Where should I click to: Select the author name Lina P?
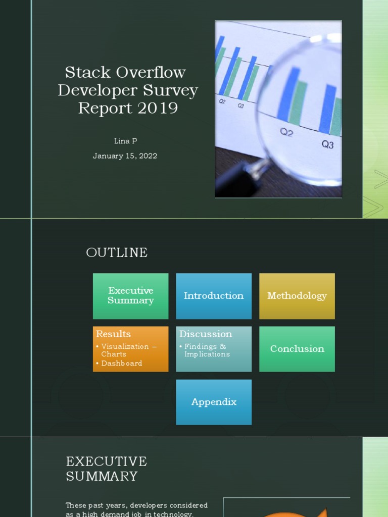point(125,141)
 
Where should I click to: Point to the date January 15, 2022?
point(125,156)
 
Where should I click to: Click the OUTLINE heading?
point(117,252)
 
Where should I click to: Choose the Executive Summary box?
point(130,296)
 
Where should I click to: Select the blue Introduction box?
point(214,296)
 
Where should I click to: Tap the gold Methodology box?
point(297,296)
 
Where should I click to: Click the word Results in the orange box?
point(113,334)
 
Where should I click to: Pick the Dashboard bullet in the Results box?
point(121,364)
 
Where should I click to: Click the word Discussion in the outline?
point(206,334)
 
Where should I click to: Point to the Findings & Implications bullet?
point(207,350)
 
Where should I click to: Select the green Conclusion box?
point(297,349)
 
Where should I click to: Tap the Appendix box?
point(214,402)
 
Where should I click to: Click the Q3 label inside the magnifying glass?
point(327,145)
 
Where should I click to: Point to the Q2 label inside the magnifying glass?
point(286,132)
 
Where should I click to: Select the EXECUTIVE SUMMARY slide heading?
point(107,469)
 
